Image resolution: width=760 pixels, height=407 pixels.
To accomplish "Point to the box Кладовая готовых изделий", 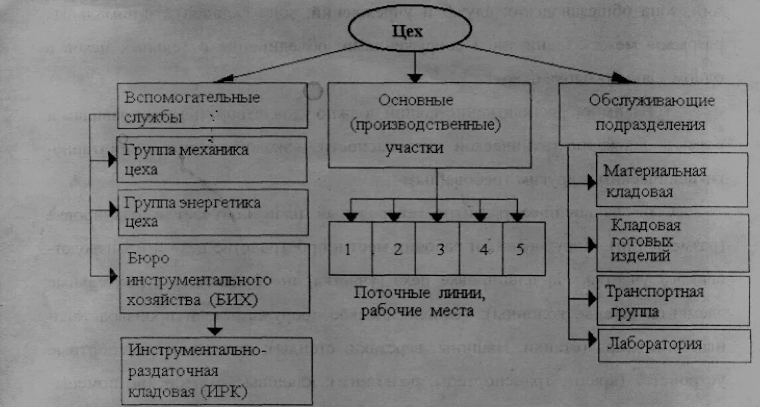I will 671,241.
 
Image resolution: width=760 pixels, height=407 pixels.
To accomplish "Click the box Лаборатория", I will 671,345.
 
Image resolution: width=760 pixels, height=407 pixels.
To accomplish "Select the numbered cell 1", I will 349,249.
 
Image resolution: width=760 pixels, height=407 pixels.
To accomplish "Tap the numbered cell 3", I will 437,249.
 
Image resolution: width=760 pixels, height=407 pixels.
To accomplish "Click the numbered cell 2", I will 394,249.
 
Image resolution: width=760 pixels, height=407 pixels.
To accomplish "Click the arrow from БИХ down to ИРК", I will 214,324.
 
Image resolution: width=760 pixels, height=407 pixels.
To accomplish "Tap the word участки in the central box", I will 415,148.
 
